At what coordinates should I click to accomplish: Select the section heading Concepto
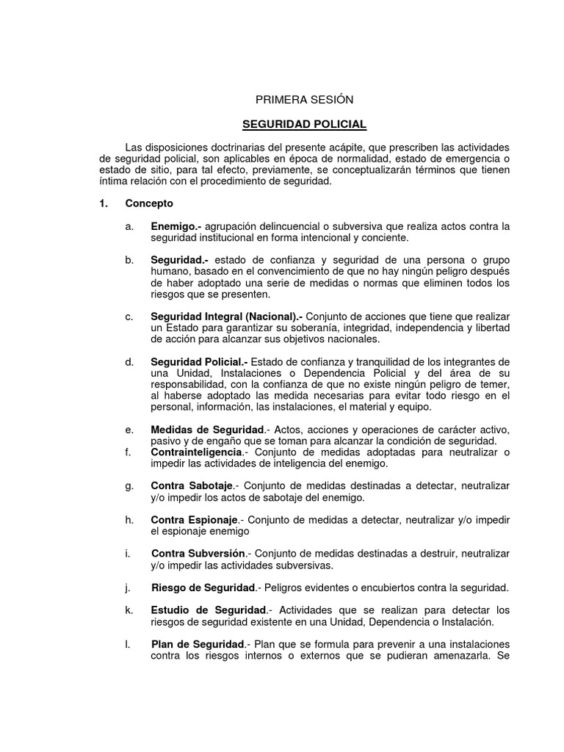pyautogui.click(x=149, y=203)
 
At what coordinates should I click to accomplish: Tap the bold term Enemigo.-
pyautogui.click(x=178, y=226)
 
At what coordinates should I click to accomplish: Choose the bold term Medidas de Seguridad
pyautogui.click(x=206, y=430)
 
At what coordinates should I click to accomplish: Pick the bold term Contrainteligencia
pyautogui.click(x=196, y=452)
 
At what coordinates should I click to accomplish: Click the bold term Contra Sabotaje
pyautogui.click(x=192, y=486)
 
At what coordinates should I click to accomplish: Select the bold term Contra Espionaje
pyautogui.click(x=194, y=520)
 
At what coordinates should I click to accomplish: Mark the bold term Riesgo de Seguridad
pyautogui.click(x=203, y=587)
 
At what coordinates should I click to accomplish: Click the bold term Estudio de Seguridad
pyautogui.click(x=209, y=610)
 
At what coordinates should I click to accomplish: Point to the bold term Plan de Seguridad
pyautogui.click(x=197, y=644)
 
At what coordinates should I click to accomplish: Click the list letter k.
pyautogui.click(x=129, y=610)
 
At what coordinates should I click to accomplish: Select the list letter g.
pyautogui.click(x=129, y=486)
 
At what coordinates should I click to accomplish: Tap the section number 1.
pyautogui.click(x=103, y=203)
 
